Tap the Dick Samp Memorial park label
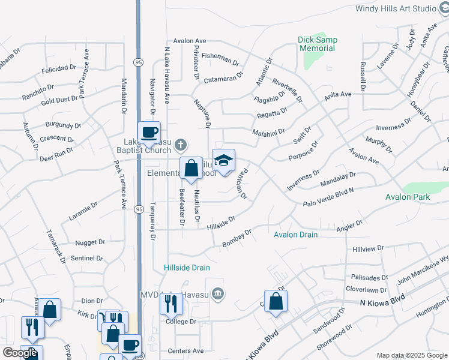(318, 44)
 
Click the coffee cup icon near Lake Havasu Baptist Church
(149, 132)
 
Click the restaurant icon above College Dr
(171, 305)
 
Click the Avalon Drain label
(295, 235)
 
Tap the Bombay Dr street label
(236, 237)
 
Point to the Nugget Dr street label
(90, 243)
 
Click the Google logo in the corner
(19, 353)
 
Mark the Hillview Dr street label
(368, 248)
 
